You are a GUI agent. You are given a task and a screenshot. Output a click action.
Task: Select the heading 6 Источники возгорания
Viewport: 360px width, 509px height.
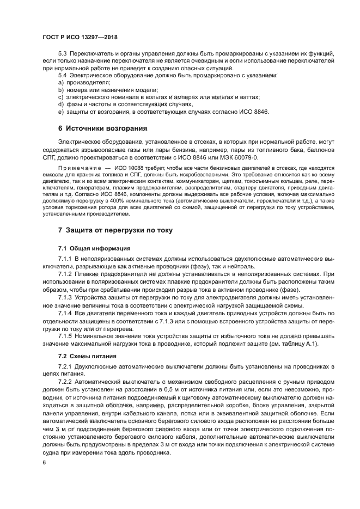tap(103, 128)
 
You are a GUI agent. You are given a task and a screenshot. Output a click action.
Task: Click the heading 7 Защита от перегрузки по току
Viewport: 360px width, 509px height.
tap(115, 230)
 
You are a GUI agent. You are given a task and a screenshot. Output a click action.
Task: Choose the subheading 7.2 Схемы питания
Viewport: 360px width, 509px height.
tap(84, 355)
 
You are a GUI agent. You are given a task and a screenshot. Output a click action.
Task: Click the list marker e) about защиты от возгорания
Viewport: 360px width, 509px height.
tap(61, 112)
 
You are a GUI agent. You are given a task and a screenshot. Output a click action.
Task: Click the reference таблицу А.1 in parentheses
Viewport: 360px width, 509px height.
tap(301, 344)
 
